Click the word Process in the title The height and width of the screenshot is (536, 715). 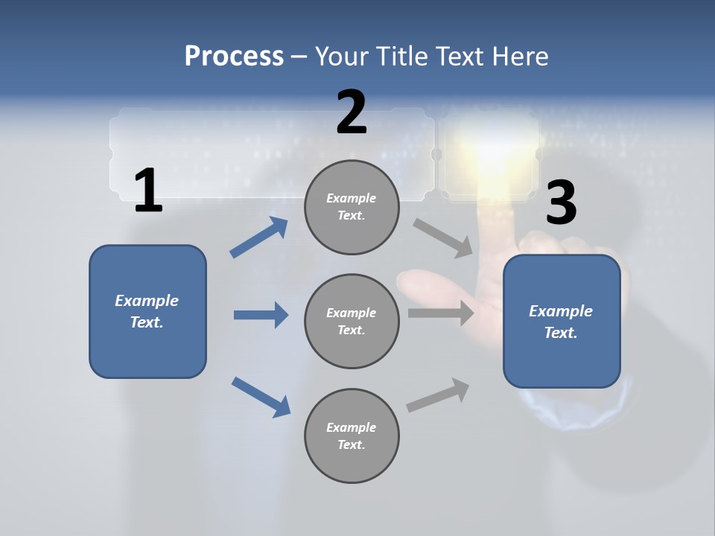point(234,56)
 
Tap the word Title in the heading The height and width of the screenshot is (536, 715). point(399,56)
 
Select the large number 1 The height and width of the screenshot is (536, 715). point(147,191)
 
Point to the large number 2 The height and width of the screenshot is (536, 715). point(352,112)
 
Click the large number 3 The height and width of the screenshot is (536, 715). point(561,202)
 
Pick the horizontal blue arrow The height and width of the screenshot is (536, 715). point(261,315)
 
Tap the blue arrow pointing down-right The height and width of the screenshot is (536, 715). point(261,396)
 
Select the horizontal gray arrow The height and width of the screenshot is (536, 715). point(441,313)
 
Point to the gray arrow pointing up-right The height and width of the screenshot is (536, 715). point(439,395)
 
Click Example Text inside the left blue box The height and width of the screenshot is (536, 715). point(147,311)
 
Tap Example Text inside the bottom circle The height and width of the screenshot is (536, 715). point(352,435)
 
